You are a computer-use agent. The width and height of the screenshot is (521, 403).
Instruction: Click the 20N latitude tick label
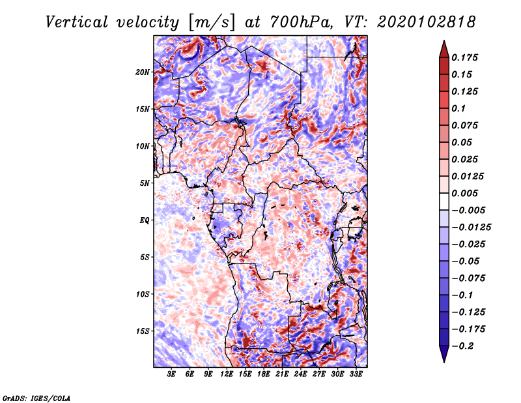point(143,72)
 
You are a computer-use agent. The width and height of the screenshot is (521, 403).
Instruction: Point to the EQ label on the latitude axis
point(145,220)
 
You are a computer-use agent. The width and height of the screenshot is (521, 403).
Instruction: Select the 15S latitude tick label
point(143,331)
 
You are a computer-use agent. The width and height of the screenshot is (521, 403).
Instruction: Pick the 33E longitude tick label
point(356,375)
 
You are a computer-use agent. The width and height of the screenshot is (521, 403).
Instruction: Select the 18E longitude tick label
point(264,375)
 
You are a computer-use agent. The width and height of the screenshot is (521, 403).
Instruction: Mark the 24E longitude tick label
point(301,375)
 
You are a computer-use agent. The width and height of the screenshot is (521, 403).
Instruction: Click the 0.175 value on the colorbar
point(466,58)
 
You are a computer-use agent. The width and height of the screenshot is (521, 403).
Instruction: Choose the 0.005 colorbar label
point(466,194)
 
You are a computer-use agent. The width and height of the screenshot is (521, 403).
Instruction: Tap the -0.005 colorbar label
point(469,211)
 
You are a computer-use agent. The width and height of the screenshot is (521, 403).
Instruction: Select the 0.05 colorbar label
point(463,143)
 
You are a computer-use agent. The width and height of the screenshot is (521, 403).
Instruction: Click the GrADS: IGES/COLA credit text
point(36,397)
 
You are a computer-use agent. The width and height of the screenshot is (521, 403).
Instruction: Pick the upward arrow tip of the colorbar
point(443,42)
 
